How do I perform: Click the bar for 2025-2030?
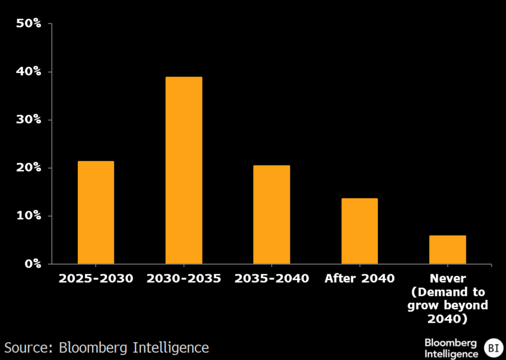(96, 212)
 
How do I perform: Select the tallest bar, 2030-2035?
(184, 170)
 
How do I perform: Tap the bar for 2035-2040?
(272, 214)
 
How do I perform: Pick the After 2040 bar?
(359, 231)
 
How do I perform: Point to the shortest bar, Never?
(447, 249)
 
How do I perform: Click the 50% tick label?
(29, 23)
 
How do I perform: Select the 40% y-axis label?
(29, 72)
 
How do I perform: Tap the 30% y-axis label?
(29, 120)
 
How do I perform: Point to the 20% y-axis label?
(29, 168)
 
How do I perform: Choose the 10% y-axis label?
(29, 216)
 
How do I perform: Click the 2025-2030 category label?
(96, 278)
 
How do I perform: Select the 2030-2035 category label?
(184, 278)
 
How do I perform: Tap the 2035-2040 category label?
(272, 278)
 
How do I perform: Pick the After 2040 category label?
(359, 278)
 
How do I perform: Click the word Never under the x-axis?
(447, 278)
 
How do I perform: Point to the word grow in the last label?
(422, 306)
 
